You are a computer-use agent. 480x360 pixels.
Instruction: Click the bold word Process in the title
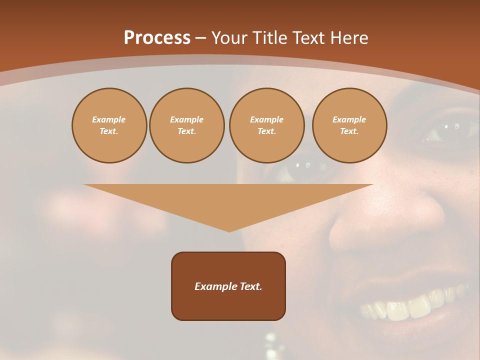(157, 38)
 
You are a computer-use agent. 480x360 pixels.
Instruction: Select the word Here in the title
(349, 38)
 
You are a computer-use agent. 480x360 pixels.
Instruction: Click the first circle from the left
(109, 125)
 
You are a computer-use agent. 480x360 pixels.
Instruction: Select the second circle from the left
(186, 125)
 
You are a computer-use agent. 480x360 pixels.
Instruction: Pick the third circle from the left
(266, 125)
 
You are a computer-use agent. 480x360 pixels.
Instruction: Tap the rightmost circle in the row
(349, 125)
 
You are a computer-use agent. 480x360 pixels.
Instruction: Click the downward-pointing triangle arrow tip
(229, 227)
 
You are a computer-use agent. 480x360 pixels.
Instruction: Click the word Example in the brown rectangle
(215, 286)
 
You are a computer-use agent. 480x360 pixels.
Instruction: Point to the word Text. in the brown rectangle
(250, 286)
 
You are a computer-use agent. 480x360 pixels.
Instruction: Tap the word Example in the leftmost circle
(109, 119)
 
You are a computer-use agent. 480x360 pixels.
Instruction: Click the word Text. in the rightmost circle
(349, 131)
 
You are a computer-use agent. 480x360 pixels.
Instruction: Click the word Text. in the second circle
(186, 131)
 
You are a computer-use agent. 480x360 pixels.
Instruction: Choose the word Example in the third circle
(266, 119)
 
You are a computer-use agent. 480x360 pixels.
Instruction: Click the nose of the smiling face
(380, 225)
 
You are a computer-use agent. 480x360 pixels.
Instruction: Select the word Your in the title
(228, 38)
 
